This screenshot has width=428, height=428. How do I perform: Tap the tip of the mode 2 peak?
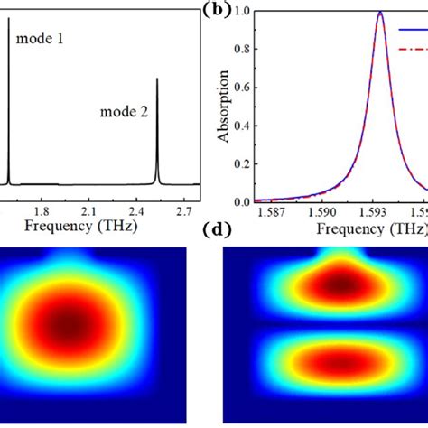[157, 79]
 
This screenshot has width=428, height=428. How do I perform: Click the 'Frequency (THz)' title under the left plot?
[80, 226]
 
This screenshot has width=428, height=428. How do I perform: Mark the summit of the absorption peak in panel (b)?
[380, 13]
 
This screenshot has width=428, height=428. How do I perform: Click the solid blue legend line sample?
[414, 28]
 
